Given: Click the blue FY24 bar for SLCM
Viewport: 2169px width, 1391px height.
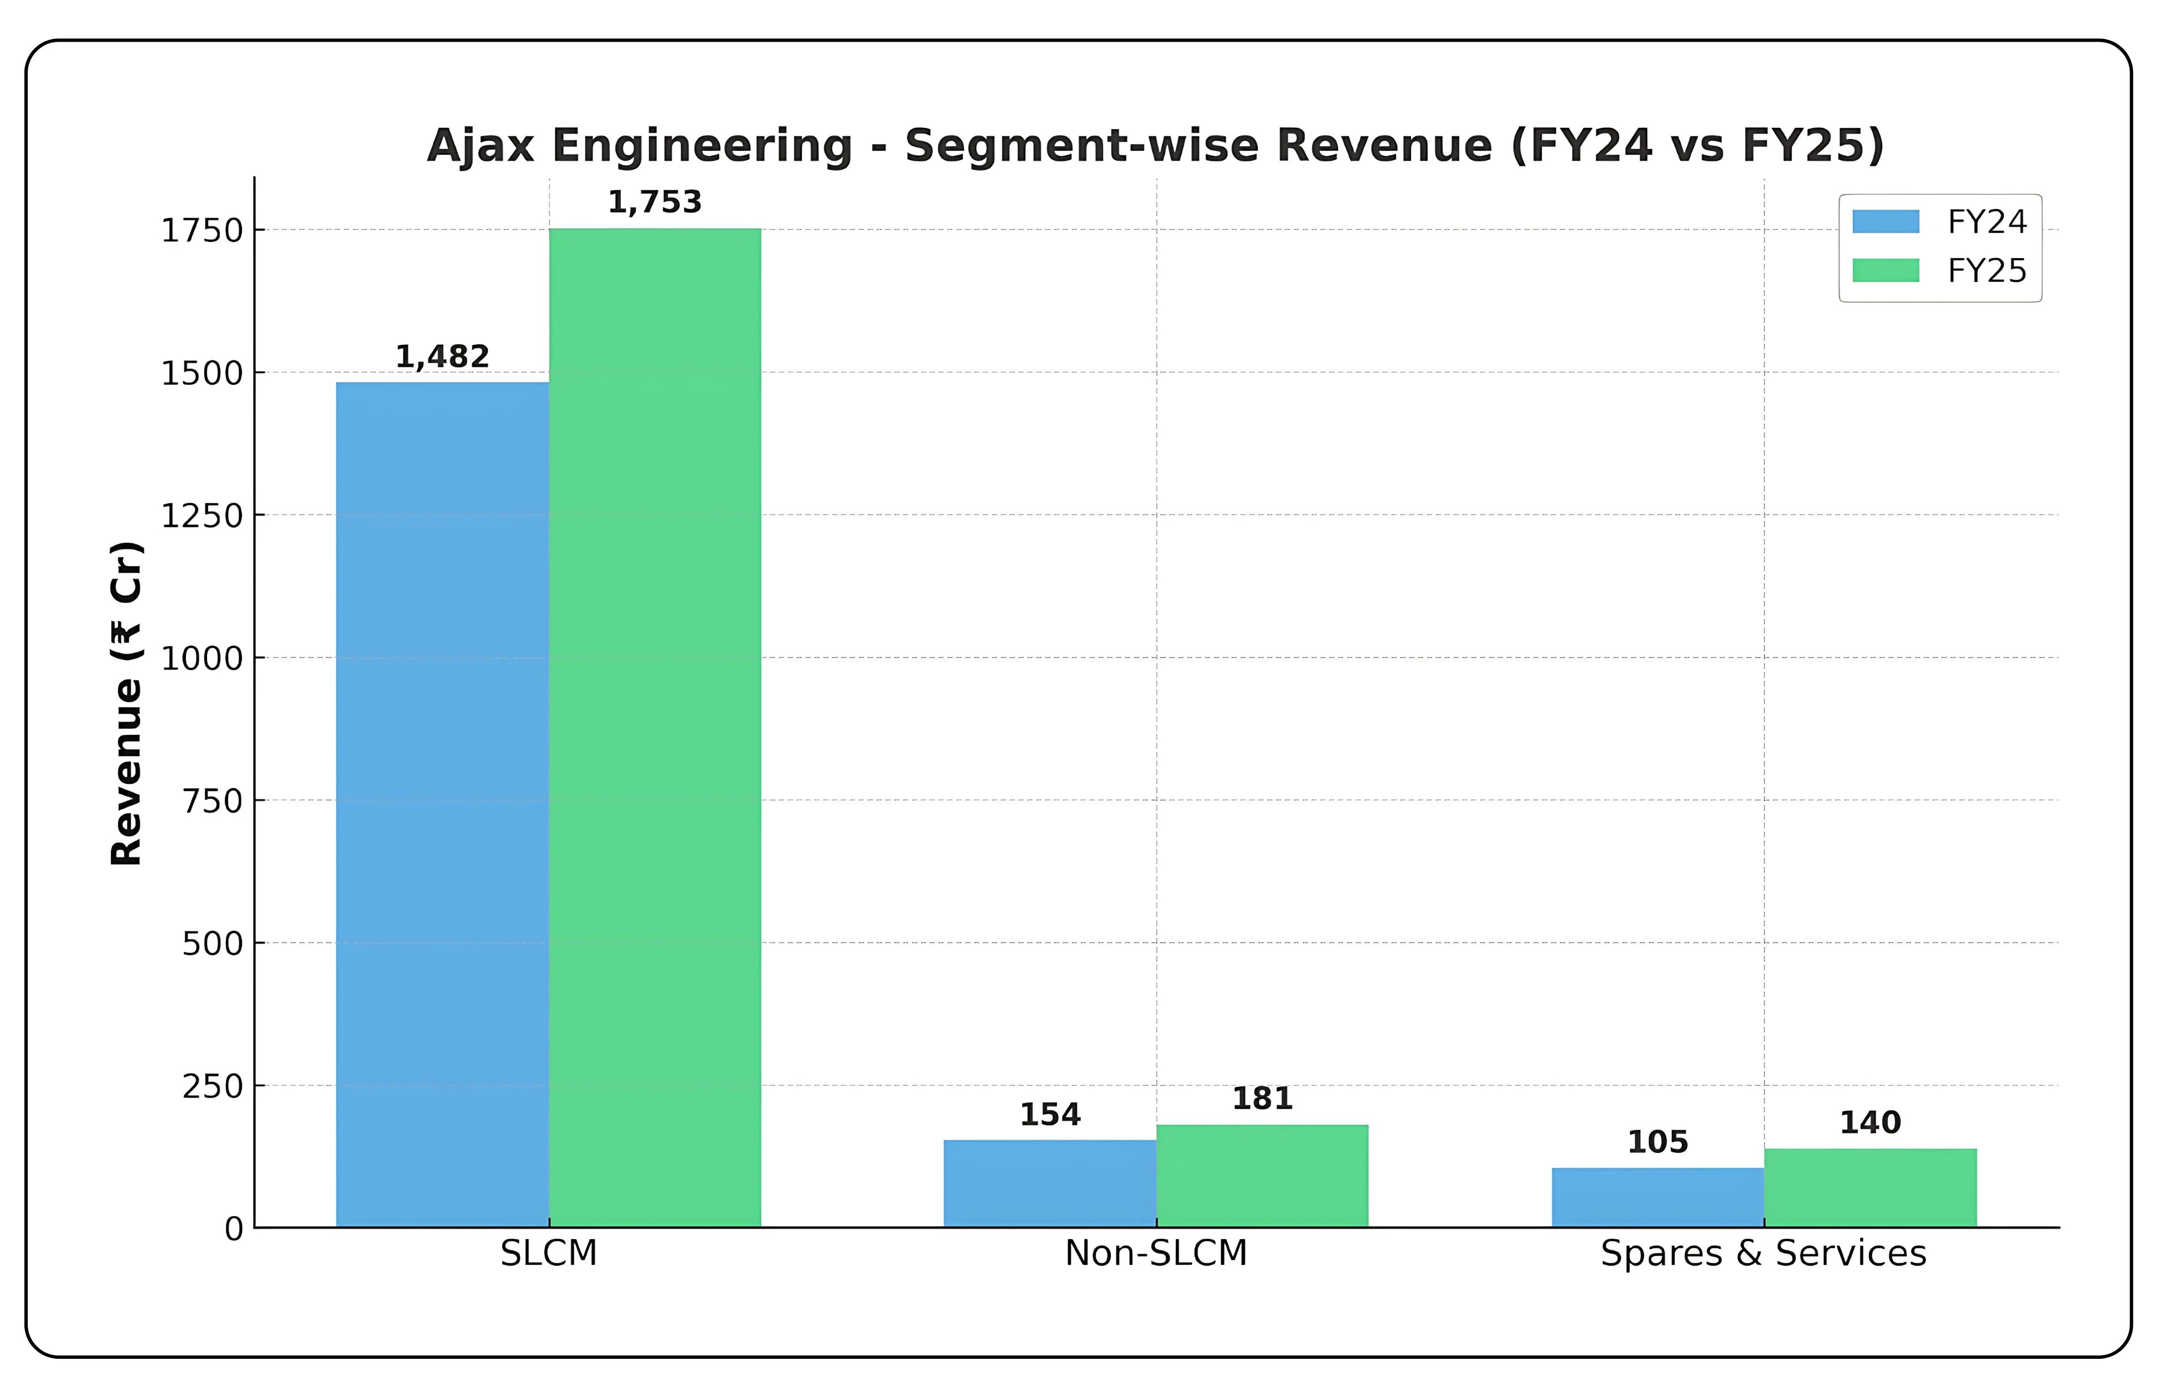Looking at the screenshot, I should [442, 804].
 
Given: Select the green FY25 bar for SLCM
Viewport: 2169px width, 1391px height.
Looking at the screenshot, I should [655, 727].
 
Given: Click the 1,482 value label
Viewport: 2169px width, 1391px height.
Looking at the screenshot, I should [442, 357].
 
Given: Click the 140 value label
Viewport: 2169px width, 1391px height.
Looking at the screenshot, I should [1870, 1123].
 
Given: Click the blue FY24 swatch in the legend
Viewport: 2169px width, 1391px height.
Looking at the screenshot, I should [1885, 221].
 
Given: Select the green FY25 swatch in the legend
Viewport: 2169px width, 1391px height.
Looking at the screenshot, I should [1885, 270].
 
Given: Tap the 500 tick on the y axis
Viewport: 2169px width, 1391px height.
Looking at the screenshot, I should [212, 944].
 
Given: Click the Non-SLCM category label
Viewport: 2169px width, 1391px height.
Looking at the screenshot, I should [1156, 1253].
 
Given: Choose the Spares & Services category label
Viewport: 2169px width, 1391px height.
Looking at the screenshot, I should [1763, 1253].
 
